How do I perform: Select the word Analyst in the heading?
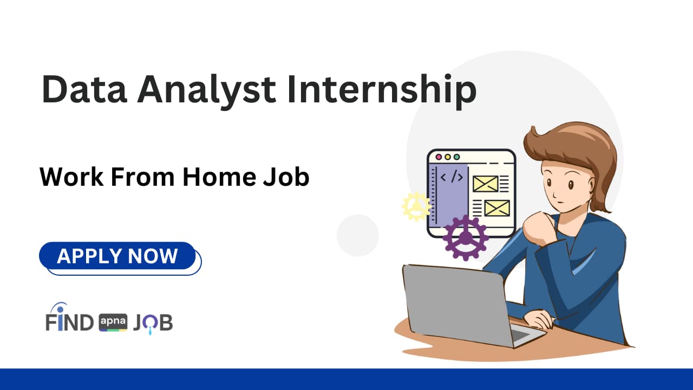coord(206,90)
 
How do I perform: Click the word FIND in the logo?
coord(70,322)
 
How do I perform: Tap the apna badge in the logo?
coord(113,323)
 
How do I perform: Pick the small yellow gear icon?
coord(416,206)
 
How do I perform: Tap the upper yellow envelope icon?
coord(485,184)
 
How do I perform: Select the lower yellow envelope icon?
coord(496,208)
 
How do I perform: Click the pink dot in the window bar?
coord(439,157)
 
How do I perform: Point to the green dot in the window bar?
coord(456,157)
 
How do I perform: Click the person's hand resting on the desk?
coord(539,318)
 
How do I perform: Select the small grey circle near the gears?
coord(357,235)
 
